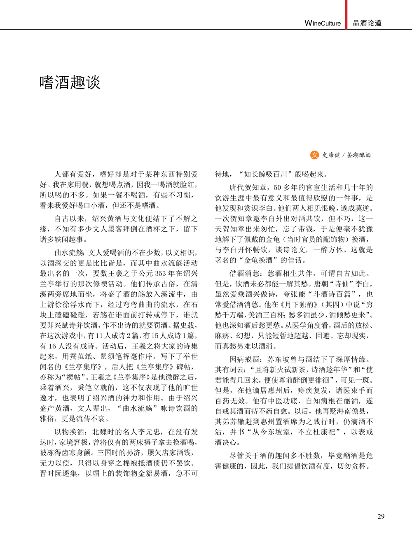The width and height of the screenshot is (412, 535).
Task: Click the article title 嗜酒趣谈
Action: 70,82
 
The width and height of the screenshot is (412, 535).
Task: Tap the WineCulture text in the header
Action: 323,23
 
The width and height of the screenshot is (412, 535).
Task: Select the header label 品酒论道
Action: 367,23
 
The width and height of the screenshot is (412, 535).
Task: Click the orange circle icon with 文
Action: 314,155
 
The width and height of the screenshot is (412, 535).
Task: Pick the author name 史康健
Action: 331,155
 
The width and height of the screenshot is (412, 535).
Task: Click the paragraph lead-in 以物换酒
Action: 70,432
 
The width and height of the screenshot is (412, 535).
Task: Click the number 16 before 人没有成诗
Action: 52,346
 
